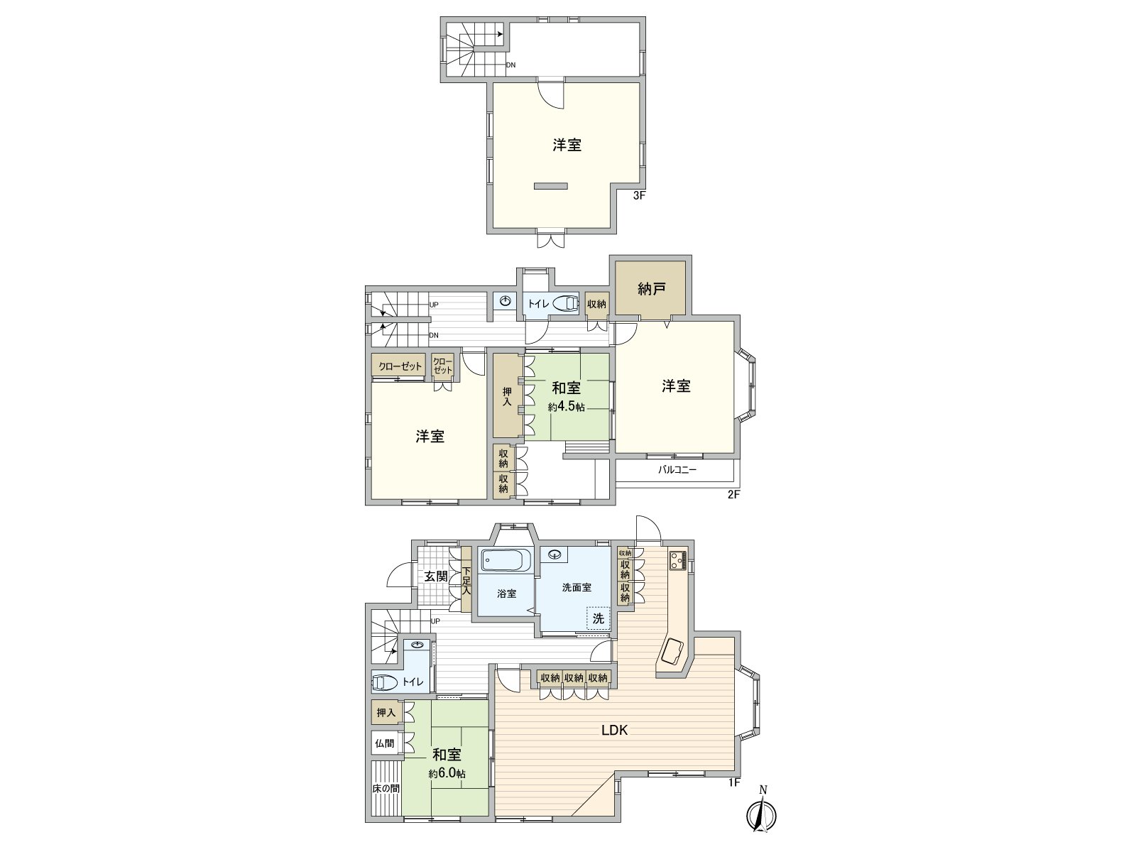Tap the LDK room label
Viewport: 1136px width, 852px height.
pyautogui.click(x=615, y=729)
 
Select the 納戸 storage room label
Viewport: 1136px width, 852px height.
pyautogui.click(x=650, y=288)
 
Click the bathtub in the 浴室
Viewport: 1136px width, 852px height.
pyautogui.click(x=506, y=561)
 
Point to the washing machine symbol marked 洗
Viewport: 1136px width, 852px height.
pyautogui.click(x=598, y=618)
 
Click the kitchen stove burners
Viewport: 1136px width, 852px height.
pyautogui.click(x=676, y=561)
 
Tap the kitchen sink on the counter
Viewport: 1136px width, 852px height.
pyautogui.click(x=671, y=650)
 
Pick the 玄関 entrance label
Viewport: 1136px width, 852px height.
pyautogui.click(x=436, y=577)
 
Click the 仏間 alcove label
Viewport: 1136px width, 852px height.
pyautogui.click(x=385, y=743)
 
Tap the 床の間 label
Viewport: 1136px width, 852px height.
pyautogui.click(x=386, y=788)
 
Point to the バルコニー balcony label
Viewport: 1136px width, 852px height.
pyautogui.click(x=677, y=469)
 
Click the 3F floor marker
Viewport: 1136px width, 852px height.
pyautogui.click(x=639, y=196)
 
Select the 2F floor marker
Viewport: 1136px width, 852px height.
pyautogui.click(x=733, y=495)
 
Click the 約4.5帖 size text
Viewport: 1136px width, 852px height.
pyautogui.click(x=566, y=408)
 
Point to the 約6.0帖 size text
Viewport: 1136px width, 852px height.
pyautogui.click(x=447, y=774)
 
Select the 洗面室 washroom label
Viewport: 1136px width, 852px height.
pyautogui.click(x=577, y=588)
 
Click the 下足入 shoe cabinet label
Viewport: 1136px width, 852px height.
pyautogui.click(x=466, y=581)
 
